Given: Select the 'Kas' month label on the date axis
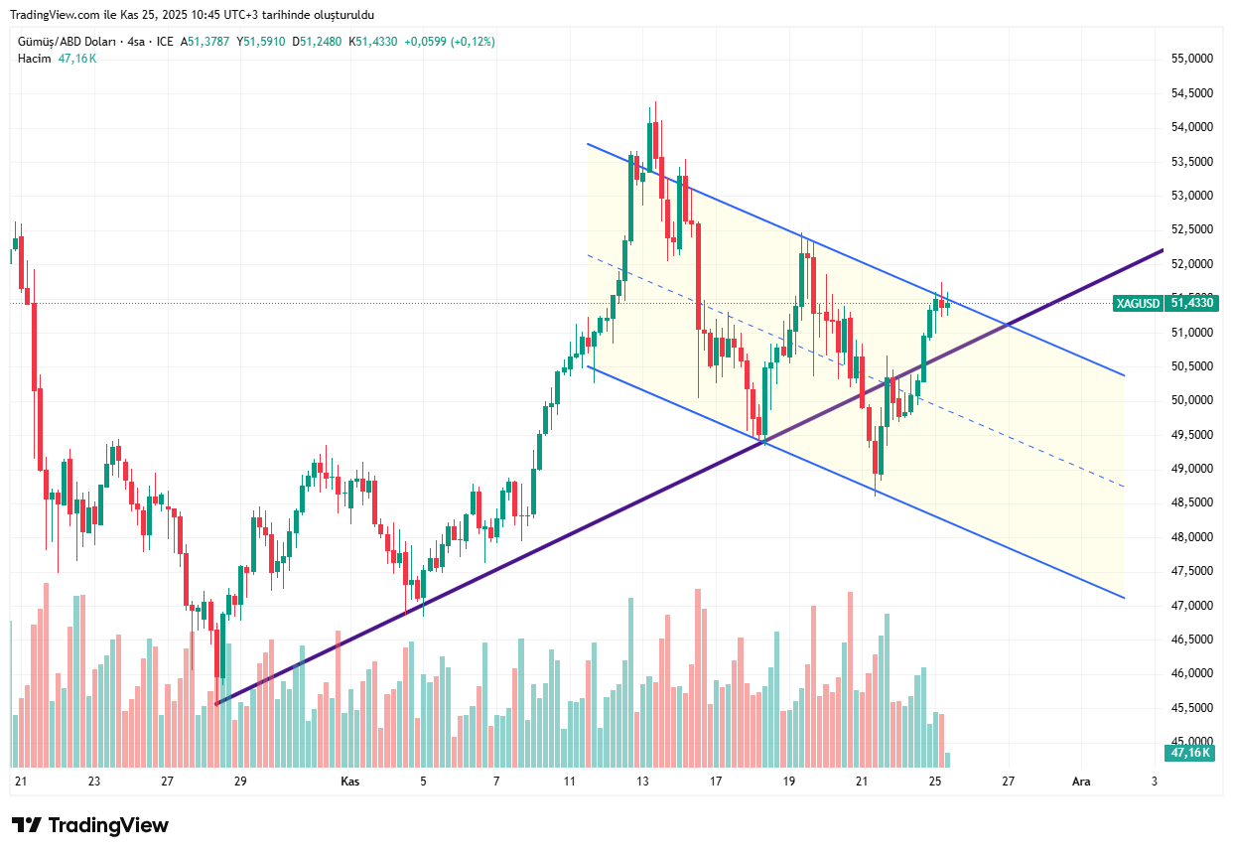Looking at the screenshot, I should [x=349, y=782].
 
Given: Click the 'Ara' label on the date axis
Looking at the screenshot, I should [x=1081, y=782].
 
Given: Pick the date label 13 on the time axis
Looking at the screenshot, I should [x=642, y=782].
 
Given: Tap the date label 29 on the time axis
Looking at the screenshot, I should [x=240, y=782].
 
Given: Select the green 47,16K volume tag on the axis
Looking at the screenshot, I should [x=1190, y=753].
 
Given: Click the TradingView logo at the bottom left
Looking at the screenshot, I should [x=90, y=825].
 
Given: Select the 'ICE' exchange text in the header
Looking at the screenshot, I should [x=164, y=42].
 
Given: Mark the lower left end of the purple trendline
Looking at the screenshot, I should [x=216, y=704].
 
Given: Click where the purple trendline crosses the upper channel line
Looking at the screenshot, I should [x=1009, y=324].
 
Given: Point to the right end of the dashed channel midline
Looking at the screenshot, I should [x=1124, y=487].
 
